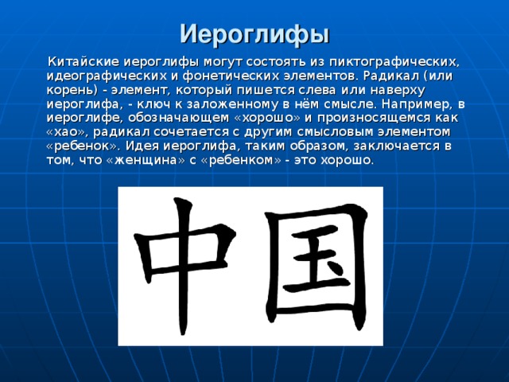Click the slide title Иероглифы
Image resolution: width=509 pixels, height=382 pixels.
(x=254, y=34)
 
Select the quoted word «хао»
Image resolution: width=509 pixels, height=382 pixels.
(x=69, y=131)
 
